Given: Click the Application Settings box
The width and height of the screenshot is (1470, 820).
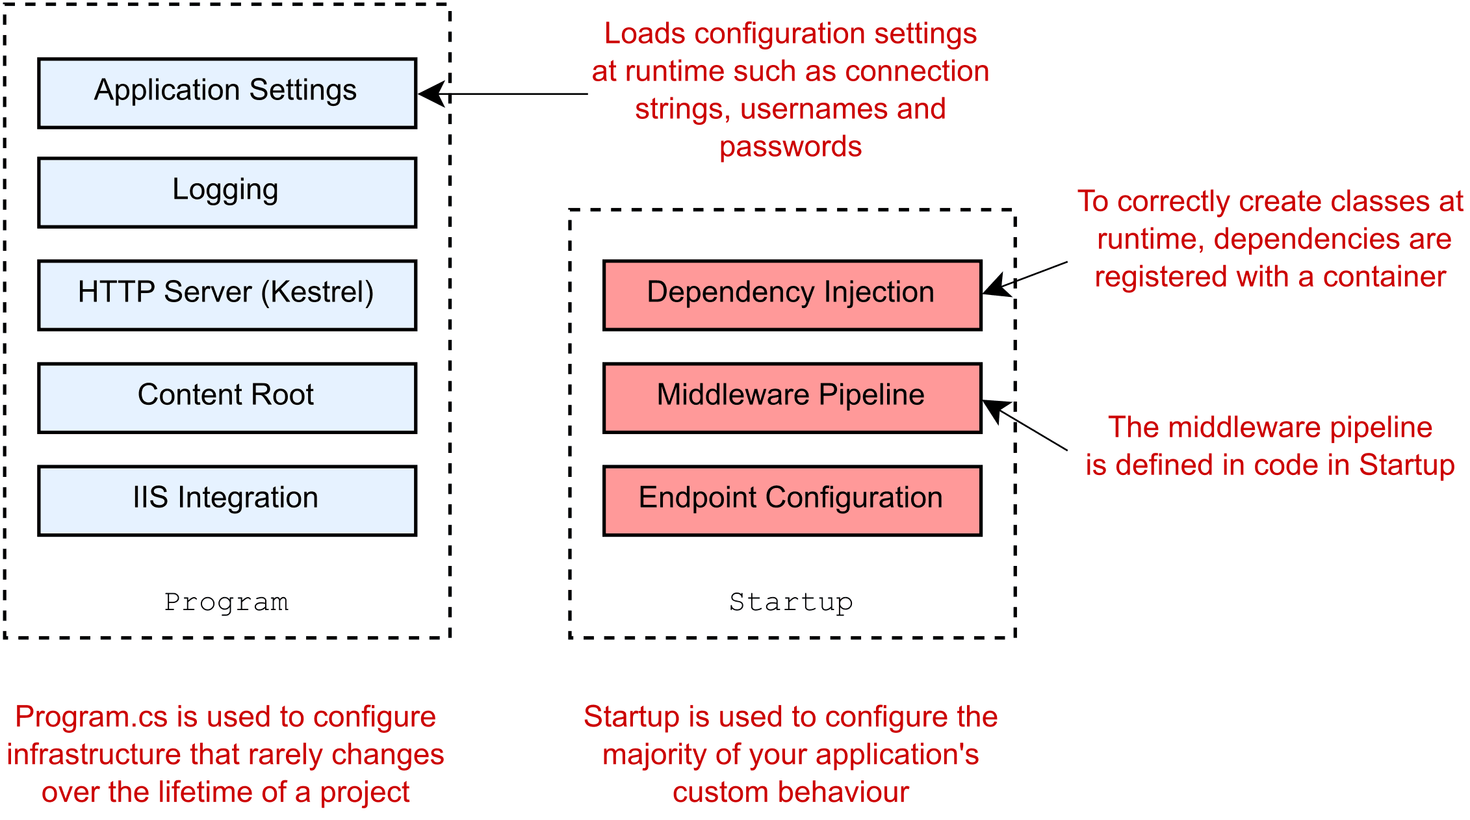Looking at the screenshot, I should coord(227,93).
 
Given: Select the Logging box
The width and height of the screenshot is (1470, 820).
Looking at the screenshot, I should coord(227,192).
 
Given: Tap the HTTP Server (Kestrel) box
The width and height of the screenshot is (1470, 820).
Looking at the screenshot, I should coord(227,295).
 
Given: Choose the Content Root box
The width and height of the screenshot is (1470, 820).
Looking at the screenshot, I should coord(227,398).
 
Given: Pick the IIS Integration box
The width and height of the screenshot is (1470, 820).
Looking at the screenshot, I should coord(227,500).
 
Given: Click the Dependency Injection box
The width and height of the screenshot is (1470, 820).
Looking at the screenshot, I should coord(792,295).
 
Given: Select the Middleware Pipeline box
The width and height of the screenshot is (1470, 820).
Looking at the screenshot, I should coord(792,398).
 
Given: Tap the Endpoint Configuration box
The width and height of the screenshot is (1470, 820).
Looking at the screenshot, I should coord(792,500).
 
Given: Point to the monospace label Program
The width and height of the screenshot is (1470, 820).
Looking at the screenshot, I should coord(226,602).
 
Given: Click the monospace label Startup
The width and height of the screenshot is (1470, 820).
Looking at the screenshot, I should coord(790,602).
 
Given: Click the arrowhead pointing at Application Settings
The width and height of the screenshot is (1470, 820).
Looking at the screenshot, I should coord(430,94).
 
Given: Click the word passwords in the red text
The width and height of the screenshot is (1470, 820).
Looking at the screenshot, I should coord(790,147).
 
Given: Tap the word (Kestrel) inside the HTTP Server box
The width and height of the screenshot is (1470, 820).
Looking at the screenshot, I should coord(317,292).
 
